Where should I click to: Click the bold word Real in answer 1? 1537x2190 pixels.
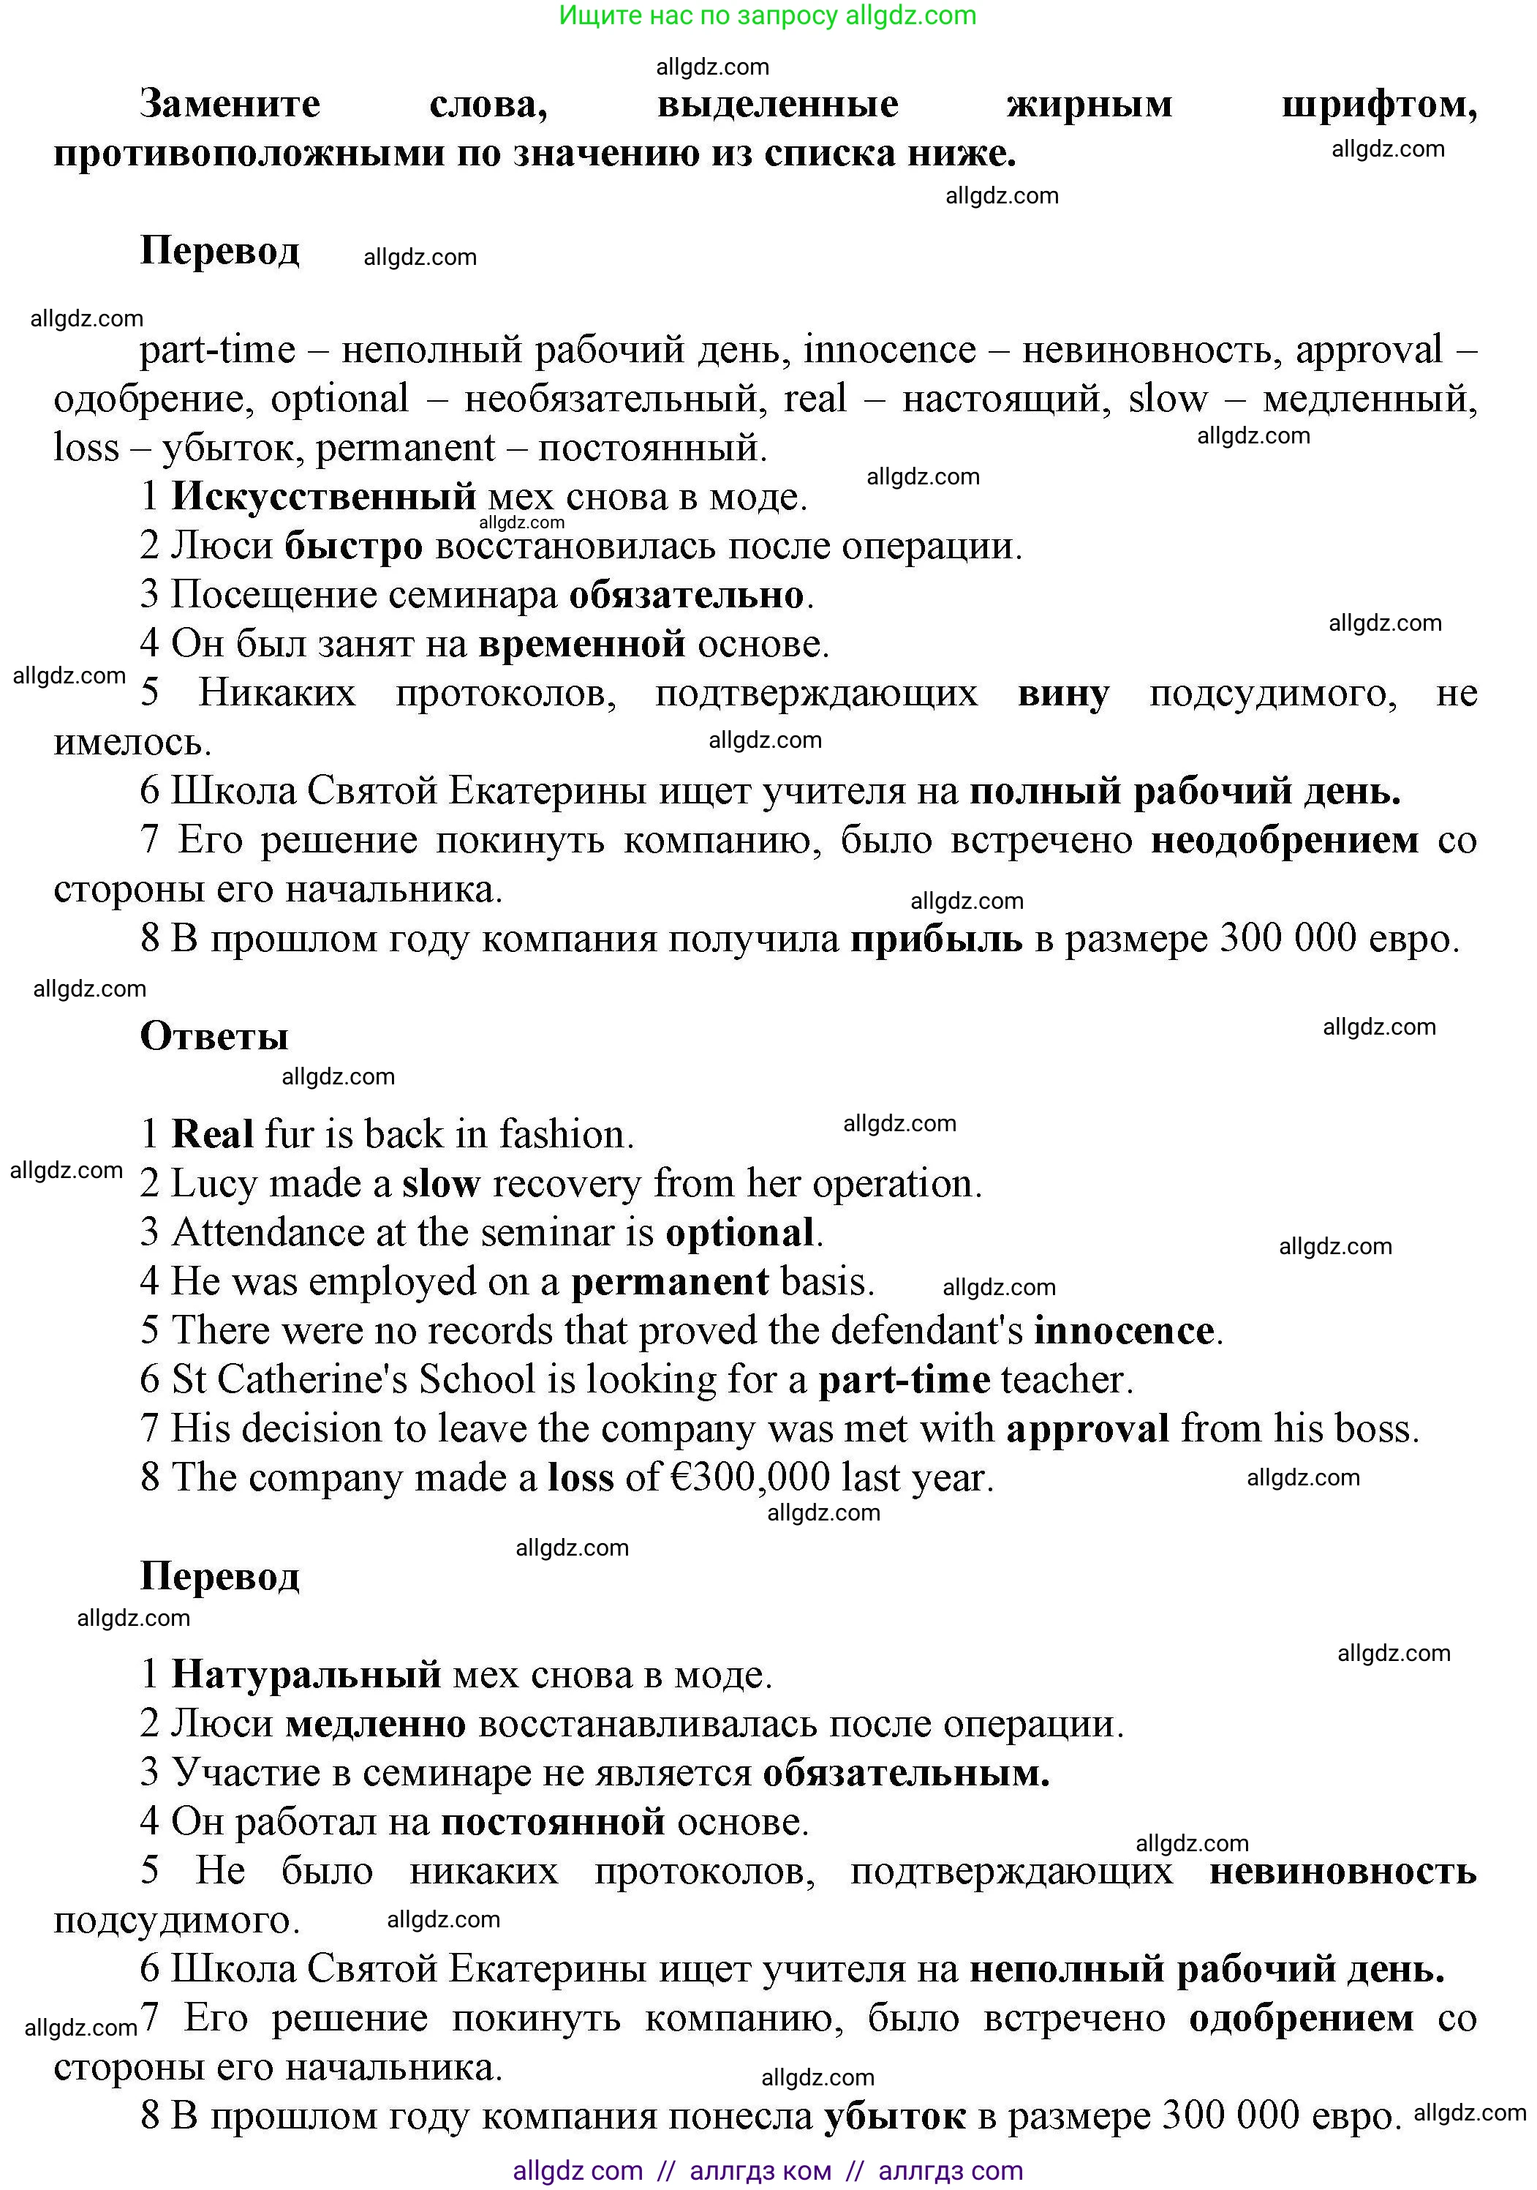click(211, 1134)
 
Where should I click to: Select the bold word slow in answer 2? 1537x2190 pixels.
click(440, 1184)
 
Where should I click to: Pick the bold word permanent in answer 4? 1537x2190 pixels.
click(669, 1282)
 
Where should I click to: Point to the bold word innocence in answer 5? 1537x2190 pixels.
click(1124, 1330)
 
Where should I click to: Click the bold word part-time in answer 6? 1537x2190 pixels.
click(904, 1380)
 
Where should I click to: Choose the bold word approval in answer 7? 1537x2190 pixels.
click(1087, 1429)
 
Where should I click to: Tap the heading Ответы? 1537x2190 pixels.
click(214, 1037)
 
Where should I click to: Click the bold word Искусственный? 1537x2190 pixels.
click(323, 496)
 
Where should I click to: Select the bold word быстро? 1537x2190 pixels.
click(354, 546)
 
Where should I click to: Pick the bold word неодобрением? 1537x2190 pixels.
click(1284, 840)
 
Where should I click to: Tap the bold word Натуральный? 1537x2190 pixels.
click(306, 1675)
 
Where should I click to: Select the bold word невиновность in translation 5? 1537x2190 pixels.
click(1342, 1872)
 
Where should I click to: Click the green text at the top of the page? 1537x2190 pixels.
click(768, 15)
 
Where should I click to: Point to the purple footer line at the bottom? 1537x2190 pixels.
click(768, 2171)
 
